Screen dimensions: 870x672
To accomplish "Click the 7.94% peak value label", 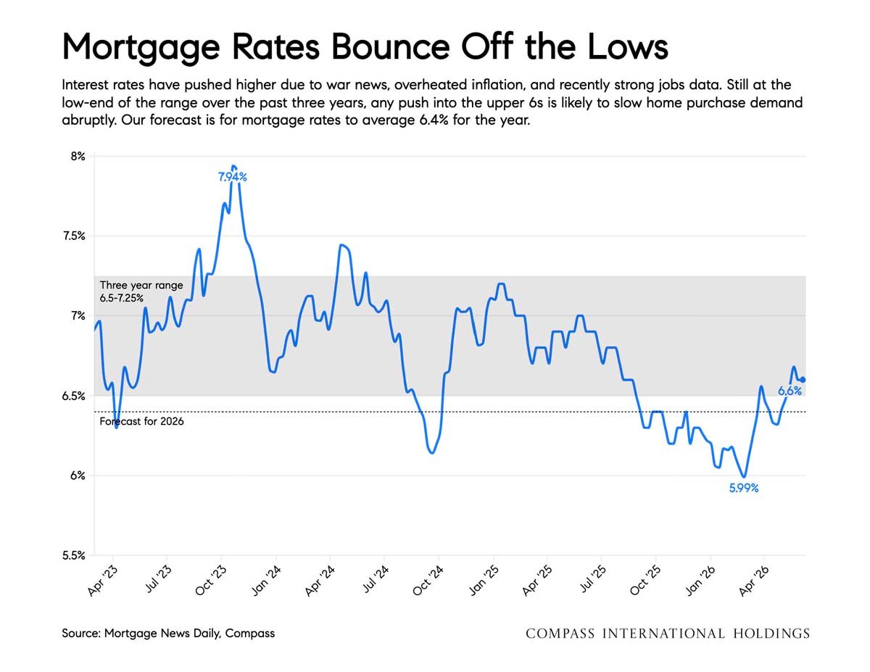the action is click(232, 177).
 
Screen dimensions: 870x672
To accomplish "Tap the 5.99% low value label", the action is click(743, 488).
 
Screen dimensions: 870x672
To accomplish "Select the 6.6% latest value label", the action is click(790, 391).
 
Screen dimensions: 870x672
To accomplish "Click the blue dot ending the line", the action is click(803, 380).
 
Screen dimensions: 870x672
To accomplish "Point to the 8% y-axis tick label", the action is click(78, 156).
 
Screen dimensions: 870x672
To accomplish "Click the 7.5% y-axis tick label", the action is click(74, 236).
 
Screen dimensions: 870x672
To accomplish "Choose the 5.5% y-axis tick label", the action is click(74, 555).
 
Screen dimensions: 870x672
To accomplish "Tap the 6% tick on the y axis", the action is click(78, 476).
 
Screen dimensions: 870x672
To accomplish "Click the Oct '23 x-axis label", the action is click(210, 581).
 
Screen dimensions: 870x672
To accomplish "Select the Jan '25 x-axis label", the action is click(484, 581).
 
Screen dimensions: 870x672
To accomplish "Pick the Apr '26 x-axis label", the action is click(754, 581).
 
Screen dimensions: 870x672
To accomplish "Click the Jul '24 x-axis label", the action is click(376, 578).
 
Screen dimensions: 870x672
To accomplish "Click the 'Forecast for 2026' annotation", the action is click(141, 421).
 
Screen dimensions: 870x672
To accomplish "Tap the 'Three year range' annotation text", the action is click(141, 285).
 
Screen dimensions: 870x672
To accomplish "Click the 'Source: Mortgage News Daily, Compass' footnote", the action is click(168, 633).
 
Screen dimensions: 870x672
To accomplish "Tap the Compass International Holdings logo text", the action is click(668, 634).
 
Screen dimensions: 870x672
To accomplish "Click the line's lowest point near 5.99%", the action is click(744, 477).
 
